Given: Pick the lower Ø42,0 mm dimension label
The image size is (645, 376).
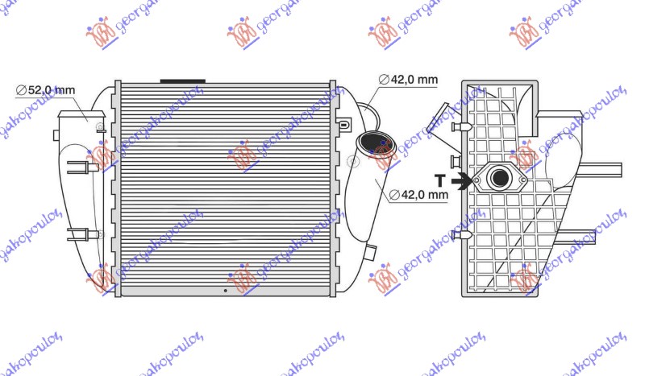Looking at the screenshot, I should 419,194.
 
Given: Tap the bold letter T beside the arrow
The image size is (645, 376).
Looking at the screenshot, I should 439,181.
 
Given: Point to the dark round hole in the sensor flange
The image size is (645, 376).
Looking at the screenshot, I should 500,179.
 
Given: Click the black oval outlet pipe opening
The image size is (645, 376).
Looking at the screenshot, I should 377,145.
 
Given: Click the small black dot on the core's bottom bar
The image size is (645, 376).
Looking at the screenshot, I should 225,289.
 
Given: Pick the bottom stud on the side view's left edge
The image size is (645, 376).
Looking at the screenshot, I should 462,234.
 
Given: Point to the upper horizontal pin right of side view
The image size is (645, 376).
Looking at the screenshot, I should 603,169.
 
